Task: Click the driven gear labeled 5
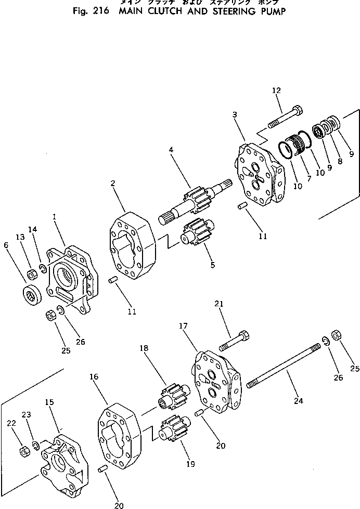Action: coord(197,234)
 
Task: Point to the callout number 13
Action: coord(20,237)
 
